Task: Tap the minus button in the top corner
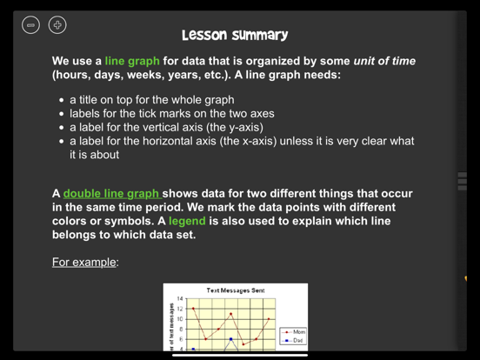coord(31,25)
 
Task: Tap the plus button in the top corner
coord(57,25)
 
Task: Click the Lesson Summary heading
coord(235,36)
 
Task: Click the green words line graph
coord(132,61)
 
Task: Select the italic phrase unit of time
coord(384,61)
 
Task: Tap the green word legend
coord(187,221)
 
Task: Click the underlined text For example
coord(84,262)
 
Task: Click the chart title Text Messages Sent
coord(236,290)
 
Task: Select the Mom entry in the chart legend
coord(295,332)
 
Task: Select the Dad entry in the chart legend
coord(295,340)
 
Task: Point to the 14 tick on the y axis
coord(181,299)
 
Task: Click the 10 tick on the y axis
coord(181,319)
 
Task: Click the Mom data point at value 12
coord(193,309)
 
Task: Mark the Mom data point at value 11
coord(230,314)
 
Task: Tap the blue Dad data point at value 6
coord(230,339)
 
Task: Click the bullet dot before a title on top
coord(62,100)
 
